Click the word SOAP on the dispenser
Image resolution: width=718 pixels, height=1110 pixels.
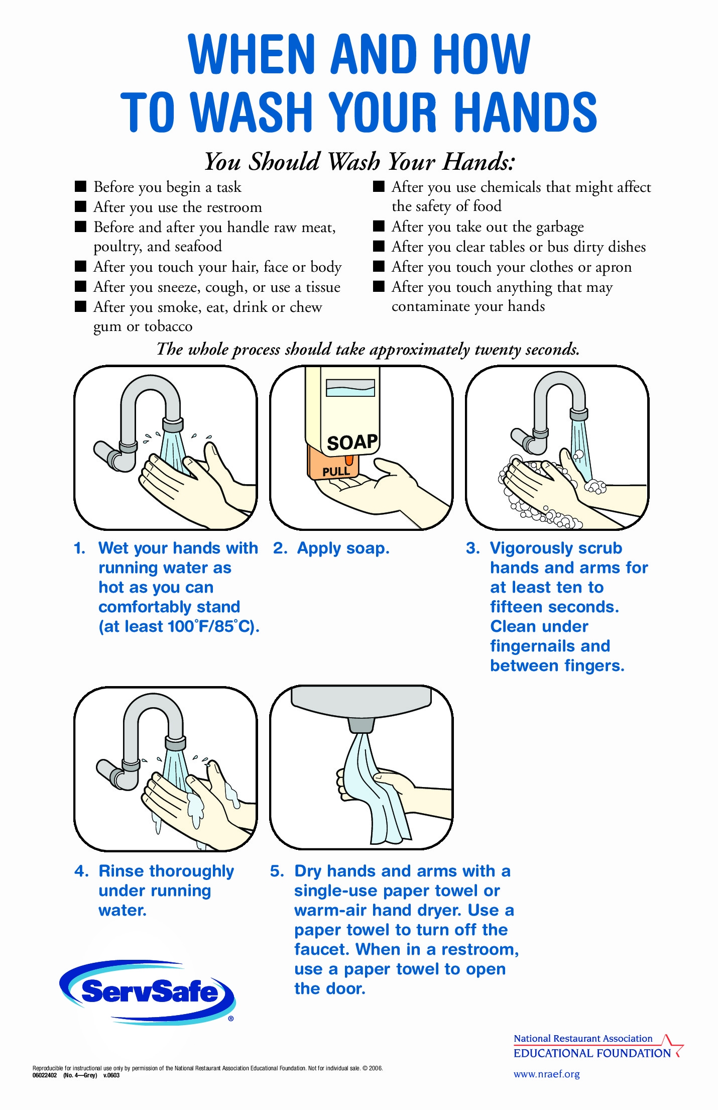[x=352, y=442]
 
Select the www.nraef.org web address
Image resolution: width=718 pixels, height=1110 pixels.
[x=546, y=1074]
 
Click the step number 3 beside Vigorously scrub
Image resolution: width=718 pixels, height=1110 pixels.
[x=472, y=548]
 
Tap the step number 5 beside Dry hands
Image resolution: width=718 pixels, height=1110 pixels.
[x=277, y=871]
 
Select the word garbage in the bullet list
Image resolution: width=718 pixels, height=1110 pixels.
[x=560, y=228]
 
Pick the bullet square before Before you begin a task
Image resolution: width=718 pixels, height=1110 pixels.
[x=80, y=186]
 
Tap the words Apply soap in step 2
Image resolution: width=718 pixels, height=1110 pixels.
[x=343, y=548]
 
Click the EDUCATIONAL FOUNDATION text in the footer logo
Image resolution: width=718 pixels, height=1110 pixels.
[x=592, y=1053]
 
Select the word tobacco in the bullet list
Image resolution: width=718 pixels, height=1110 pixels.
[x=168, y=326]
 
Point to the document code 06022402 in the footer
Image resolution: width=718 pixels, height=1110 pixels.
[x=45, y=1075]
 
